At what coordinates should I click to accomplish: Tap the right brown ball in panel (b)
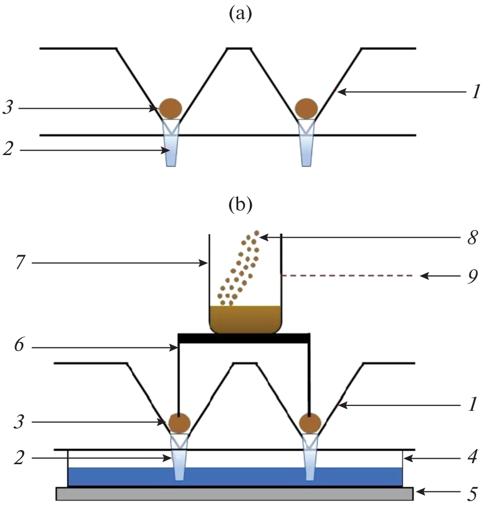(x=309, y=422)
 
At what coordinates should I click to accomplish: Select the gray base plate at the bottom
(x=234, y=493)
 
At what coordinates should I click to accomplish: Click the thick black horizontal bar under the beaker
(x=244, y=338)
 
